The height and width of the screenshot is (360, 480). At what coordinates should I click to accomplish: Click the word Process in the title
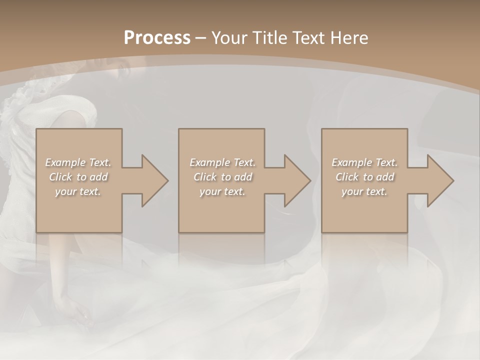coord(157,38)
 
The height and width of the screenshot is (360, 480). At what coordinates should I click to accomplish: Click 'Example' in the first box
coord(65,162)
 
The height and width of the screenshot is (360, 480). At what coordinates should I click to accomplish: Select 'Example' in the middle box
coord(209,162)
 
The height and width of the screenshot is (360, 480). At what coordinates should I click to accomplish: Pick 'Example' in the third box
coord(351,162)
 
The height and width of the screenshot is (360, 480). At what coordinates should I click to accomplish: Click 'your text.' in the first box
coord(78,192)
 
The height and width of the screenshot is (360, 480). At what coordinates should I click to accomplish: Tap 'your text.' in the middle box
coord(222,192)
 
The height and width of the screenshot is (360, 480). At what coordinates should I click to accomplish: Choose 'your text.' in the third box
coord(364,192)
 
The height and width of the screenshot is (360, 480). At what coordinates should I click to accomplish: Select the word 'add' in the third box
coord(385,177)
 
